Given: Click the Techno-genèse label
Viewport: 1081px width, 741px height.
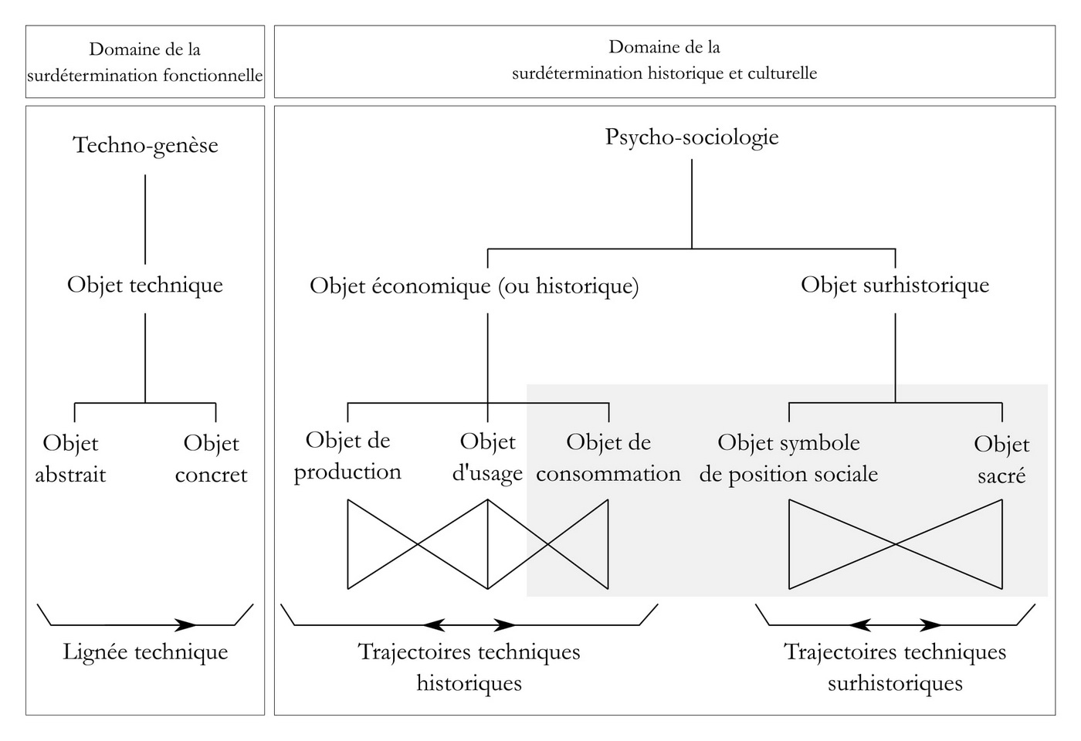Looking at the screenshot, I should click(145, 145).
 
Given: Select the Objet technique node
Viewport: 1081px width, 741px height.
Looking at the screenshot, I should click(145, 285).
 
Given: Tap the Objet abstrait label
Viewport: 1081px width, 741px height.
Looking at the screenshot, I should click(70, 458).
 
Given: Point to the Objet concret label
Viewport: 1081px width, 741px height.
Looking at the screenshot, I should click(211, 458).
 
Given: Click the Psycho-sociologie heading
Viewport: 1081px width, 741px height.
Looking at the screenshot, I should click(692, 137).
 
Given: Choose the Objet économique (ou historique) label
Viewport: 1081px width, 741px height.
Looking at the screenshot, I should click(474, 286).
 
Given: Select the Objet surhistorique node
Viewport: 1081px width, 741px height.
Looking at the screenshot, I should click(895, 285).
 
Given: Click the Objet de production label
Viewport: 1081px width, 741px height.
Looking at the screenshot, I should click(347, 456).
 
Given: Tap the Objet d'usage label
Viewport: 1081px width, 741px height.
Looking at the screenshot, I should click(487, 457).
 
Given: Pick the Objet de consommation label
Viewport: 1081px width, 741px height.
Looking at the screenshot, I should click(608, 458).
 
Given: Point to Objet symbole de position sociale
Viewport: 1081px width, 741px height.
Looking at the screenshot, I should click(788, 458).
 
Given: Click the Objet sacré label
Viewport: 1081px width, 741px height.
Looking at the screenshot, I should click(1001, 459).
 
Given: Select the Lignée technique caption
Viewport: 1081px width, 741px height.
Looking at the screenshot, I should click(145, 652).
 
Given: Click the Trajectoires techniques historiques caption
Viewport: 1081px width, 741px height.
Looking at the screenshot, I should click(469, 667).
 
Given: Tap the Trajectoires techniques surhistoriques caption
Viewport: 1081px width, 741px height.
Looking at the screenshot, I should click(895, 667).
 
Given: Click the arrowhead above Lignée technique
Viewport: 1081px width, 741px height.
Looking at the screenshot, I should click(186, 624).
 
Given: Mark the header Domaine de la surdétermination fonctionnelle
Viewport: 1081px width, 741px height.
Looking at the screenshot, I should click(145, 63).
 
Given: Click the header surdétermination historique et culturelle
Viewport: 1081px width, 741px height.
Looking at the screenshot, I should click(664, 73).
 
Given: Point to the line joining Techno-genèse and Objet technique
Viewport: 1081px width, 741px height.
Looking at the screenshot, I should click(145, 219).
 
